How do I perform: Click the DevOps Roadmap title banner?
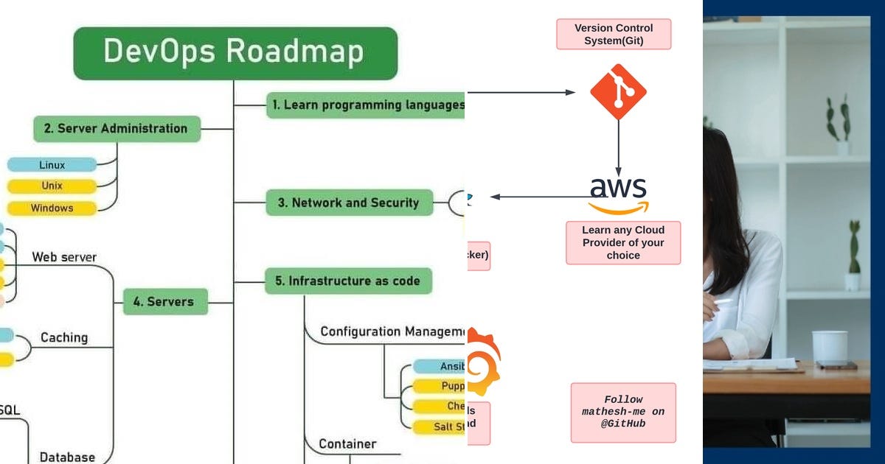click(235, 53)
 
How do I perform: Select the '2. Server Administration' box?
click(117, 129)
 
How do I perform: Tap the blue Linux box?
click(52, 165)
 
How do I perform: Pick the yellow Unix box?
click(52, 186)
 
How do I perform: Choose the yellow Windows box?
click(52, 208)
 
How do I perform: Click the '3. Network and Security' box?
click(350, 203)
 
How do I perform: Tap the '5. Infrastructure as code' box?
click(348, 281)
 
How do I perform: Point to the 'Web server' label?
click(64, 258)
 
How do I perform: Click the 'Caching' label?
click(64, 337)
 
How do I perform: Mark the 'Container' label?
click(347, 444)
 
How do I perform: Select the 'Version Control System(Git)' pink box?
click(614, 34)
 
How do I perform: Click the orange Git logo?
click(618, 92)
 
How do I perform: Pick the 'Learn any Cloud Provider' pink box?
click(623, 242)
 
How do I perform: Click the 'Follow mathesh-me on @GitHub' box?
click(623, 412)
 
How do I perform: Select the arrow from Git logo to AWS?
click(618, 148)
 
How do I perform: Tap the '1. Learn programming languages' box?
click(366, 105)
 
